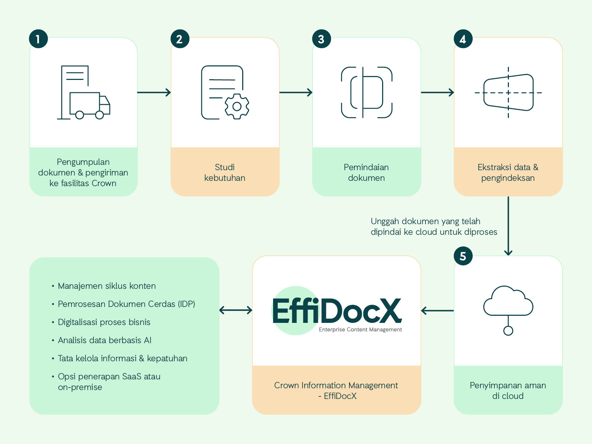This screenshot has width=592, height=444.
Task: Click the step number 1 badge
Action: (x=38, y=39)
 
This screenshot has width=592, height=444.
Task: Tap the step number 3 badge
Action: (x=321, y=39)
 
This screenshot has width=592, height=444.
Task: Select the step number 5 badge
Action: (x=463, y=256)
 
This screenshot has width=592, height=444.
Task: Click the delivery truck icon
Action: (x=90, y=105)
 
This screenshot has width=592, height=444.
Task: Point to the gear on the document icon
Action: (x=237, y=106)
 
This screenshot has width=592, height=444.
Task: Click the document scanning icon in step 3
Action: (x=366, y=92)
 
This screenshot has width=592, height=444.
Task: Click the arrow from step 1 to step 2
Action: (x=154, y=92)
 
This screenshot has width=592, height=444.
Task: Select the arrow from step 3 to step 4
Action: (x=437, y=92)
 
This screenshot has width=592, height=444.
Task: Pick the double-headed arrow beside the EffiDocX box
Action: (x=236, y=310)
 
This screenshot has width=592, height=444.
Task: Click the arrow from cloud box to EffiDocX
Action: (x=437, y=310)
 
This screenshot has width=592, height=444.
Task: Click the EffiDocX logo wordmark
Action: (x=337, y=311)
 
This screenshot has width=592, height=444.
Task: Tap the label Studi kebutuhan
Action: (x=225, y=173)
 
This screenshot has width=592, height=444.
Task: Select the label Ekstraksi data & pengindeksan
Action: (x=508, y=173)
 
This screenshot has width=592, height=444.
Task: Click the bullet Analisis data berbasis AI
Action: (x=104, y=340)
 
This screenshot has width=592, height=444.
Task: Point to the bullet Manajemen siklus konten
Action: (x=107, y=286)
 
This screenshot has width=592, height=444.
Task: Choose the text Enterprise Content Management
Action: (x=360, y=330)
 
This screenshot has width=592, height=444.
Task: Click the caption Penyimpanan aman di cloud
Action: (x=508, y=391)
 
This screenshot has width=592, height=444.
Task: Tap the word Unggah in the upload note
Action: (x=385, y=221)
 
